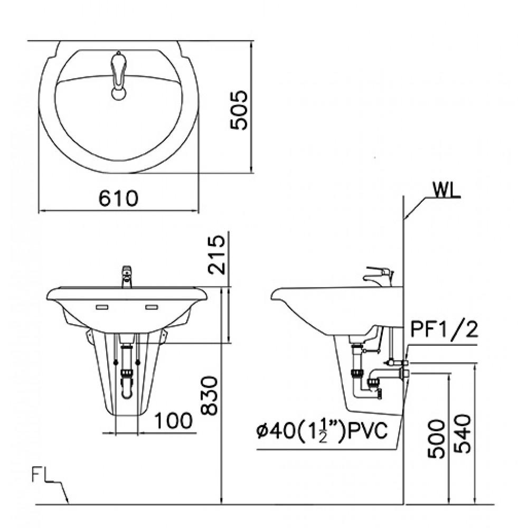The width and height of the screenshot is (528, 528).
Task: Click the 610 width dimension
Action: coord(118,199)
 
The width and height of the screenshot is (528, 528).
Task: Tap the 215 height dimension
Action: coord(216,254)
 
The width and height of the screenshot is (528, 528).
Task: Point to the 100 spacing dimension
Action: coord(173,421)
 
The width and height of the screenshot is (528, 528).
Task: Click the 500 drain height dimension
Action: coord(437,439)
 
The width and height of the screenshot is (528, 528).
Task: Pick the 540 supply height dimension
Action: coord(461,434)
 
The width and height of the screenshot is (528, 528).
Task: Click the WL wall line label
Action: coord(446,191)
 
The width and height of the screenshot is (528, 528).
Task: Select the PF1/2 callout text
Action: coord(444,331)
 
